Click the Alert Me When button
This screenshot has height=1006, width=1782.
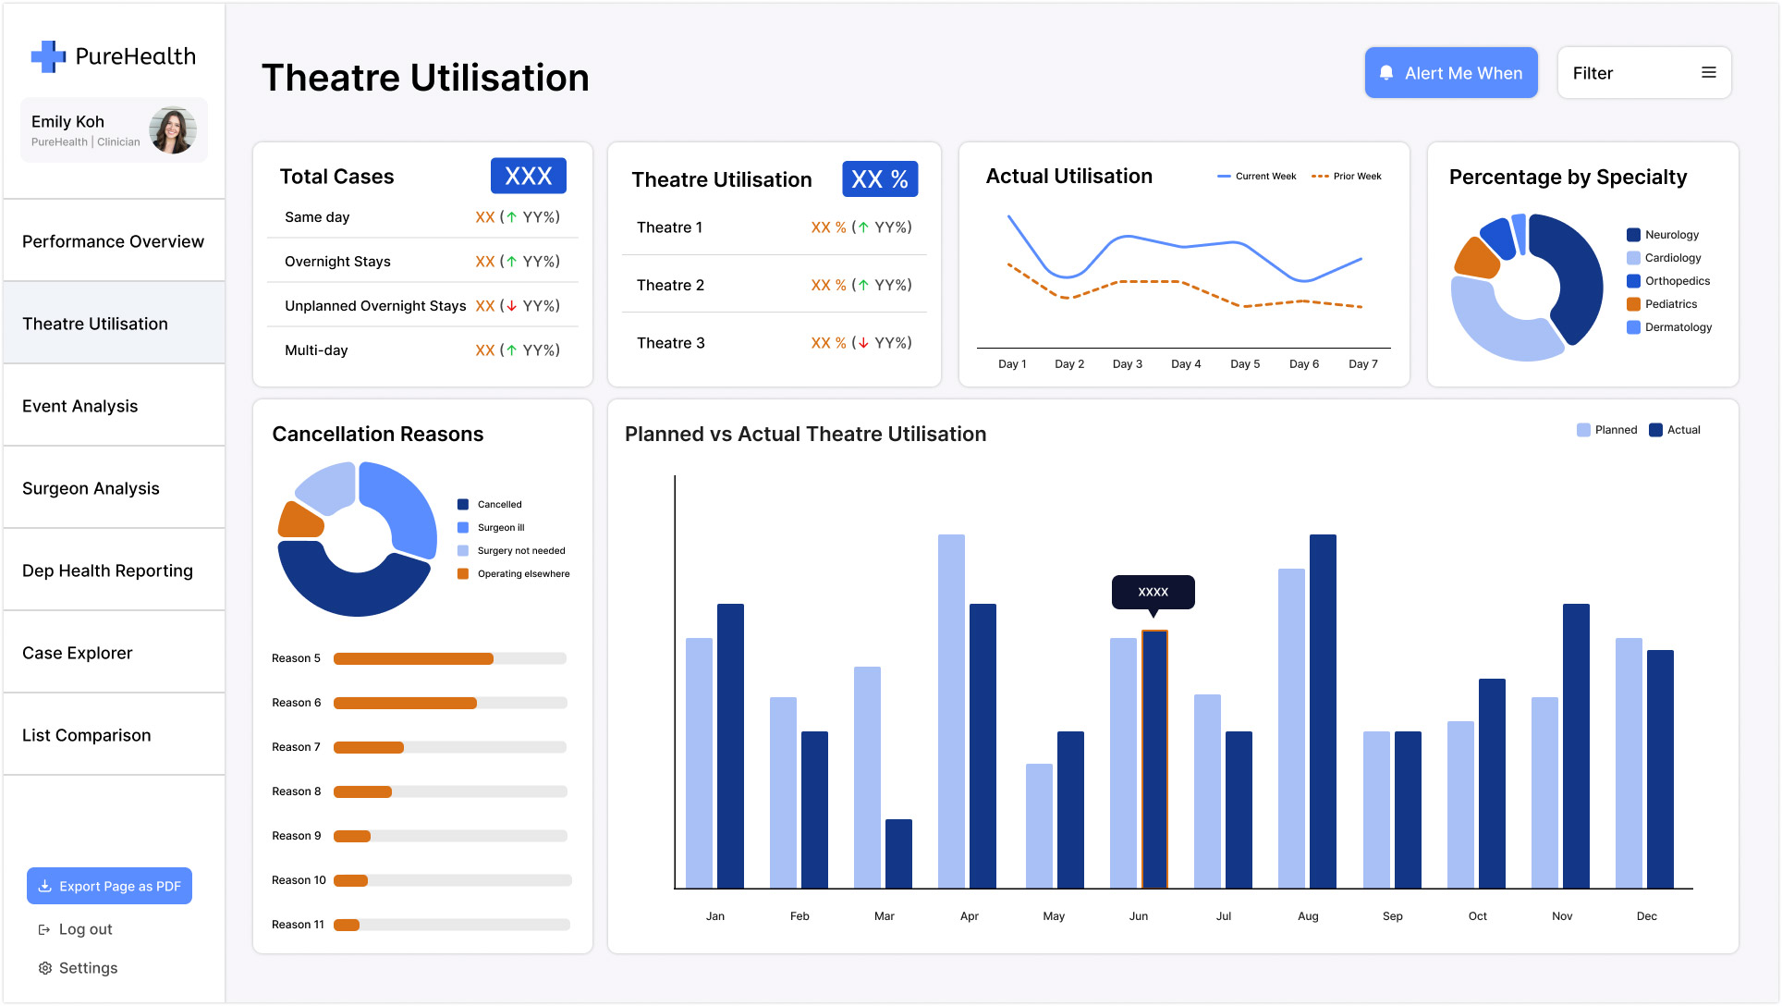pos(1450,73)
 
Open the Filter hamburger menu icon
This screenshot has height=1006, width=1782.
pos(1708,72)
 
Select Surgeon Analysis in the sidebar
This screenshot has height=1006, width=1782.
pos(91,488)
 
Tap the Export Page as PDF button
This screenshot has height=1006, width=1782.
pos(109,886)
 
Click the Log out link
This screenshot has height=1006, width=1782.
pos(84,929)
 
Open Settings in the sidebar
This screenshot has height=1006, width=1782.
pos(87,968)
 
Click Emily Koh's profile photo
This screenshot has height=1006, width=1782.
pos(173,130)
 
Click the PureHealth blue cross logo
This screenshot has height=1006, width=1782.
pos(48,56)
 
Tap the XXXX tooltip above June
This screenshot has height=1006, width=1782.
pos(1153,592)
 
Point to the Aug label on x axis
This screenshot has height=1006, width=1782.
pos(1308,916)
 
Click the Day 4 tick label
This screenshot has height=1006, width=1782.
pos(1186,364)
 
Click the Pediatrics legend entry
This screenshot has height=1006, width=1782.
pos(1670,304)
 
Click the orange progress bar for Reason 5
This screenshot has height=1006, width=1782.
pos(413,658)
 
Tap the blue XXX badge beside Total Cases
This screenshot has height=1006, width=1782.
pos(528,176)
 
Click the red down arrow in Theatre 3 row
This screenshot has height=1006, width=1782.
pos(863,343)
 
